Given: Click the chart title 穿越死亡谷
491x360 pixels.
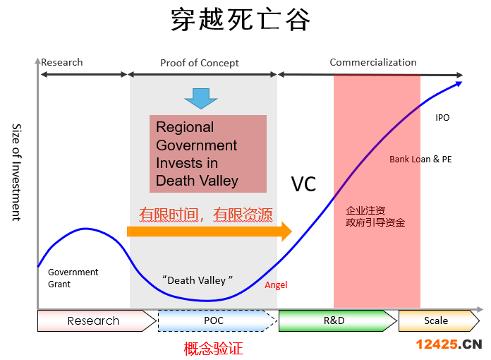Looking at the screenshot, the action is (x=241, y=20).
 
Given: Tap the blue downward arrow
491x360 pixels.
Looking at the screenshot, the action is (x=201, y=99).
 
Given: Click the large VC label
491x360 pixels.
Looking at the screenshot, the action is (x=303, y=184).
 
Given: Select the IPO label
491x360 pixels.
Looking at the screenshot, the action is (x=442, y=117).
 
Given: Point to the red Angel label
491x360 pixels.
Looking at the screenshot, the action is (x=276, y=284).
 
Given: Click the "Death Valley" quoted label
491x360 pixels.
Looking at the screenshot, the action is (x=198, y=280).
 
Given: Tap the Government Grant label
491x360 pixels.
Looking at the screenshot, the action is (x=73, y=278).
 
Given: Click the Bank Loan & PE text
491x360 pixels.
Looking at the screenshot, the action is (x=420, y=159).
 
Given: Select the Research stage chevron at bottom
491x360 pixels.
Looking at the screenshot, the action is (x=97, y=320).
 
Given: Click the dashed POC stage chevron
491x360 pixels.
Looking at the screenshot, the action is (x=217, y=320).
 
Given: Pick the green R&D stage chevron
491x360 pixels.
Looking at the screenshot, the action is (x=337, y=320).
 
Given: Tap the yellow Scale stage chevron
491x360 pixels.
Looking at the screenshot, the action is (x=439, y=320).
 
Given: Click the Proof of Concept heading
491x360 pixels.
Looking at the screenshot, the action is (x=200, y=63).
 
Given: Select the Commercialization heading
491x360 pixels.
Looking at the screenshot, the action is (x=373, y=62).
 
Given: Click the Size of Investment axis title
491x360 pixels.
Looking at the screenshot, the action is (x=17, y=172).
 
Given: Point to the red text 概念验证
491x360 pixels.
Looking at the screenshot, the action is (x=213, y=349).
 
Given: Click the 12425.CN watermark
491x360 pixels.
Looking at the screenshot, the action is (x=449, y=344).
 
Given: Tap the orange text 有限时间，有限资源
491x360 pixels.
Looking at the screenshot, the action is (x=206, y=215).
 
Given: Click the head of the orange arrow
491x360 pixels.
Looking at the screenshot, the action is (x=286, y=232).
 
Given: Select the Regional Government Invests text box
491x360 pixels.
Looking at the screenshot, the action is (x=208, y=153).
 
